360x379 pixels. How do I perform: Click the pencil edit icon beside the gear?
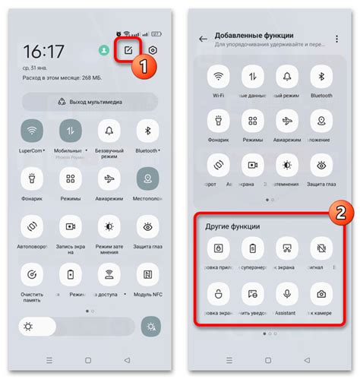pyautogui.click(x=127, y=50)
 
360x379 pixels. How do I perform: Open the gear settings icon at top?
pyautogui.click(x=153, y=50)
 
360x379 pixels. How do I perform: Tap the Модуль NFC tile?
pyautogui.click(x=147, y=273)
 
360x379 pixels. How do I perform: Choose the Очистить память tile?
pyautogui.click(x=33, y=273)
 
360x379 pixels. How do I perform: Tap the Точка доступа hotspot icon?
pyautogui.click(x=109, y=273)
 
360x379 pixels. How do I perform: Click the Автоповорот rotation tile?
pyautogui.click(x=33, y=226)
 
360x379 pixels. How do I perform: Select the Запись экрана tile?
pyautogui.click(x=71, y=226)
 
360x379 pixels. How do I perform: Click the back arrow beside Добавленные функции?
pyautogui.click(x=203, y=38)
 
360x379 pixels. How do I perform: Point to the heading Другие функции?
pyautogui.click(x=233, y=227)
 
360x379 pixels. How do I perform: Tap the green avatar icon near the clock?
pyautogui.click(x=103, y=50)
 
